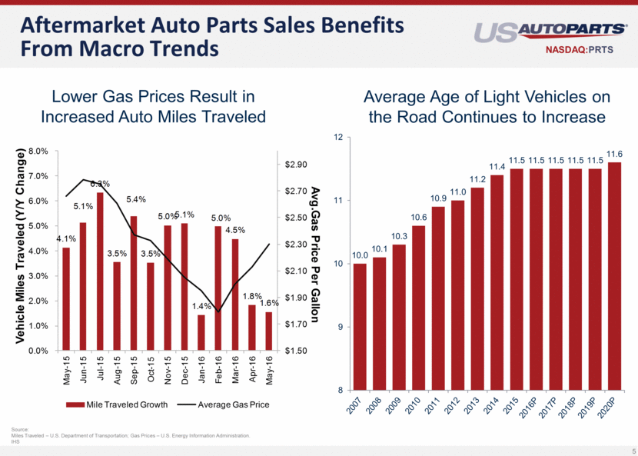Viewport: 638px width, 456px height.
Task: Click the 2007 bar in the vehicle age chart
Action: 360,327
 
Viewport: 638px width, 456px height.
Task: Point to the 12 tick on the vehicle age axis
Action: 338,138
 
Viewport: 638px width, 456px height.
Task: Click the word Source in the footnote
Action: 21,431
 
